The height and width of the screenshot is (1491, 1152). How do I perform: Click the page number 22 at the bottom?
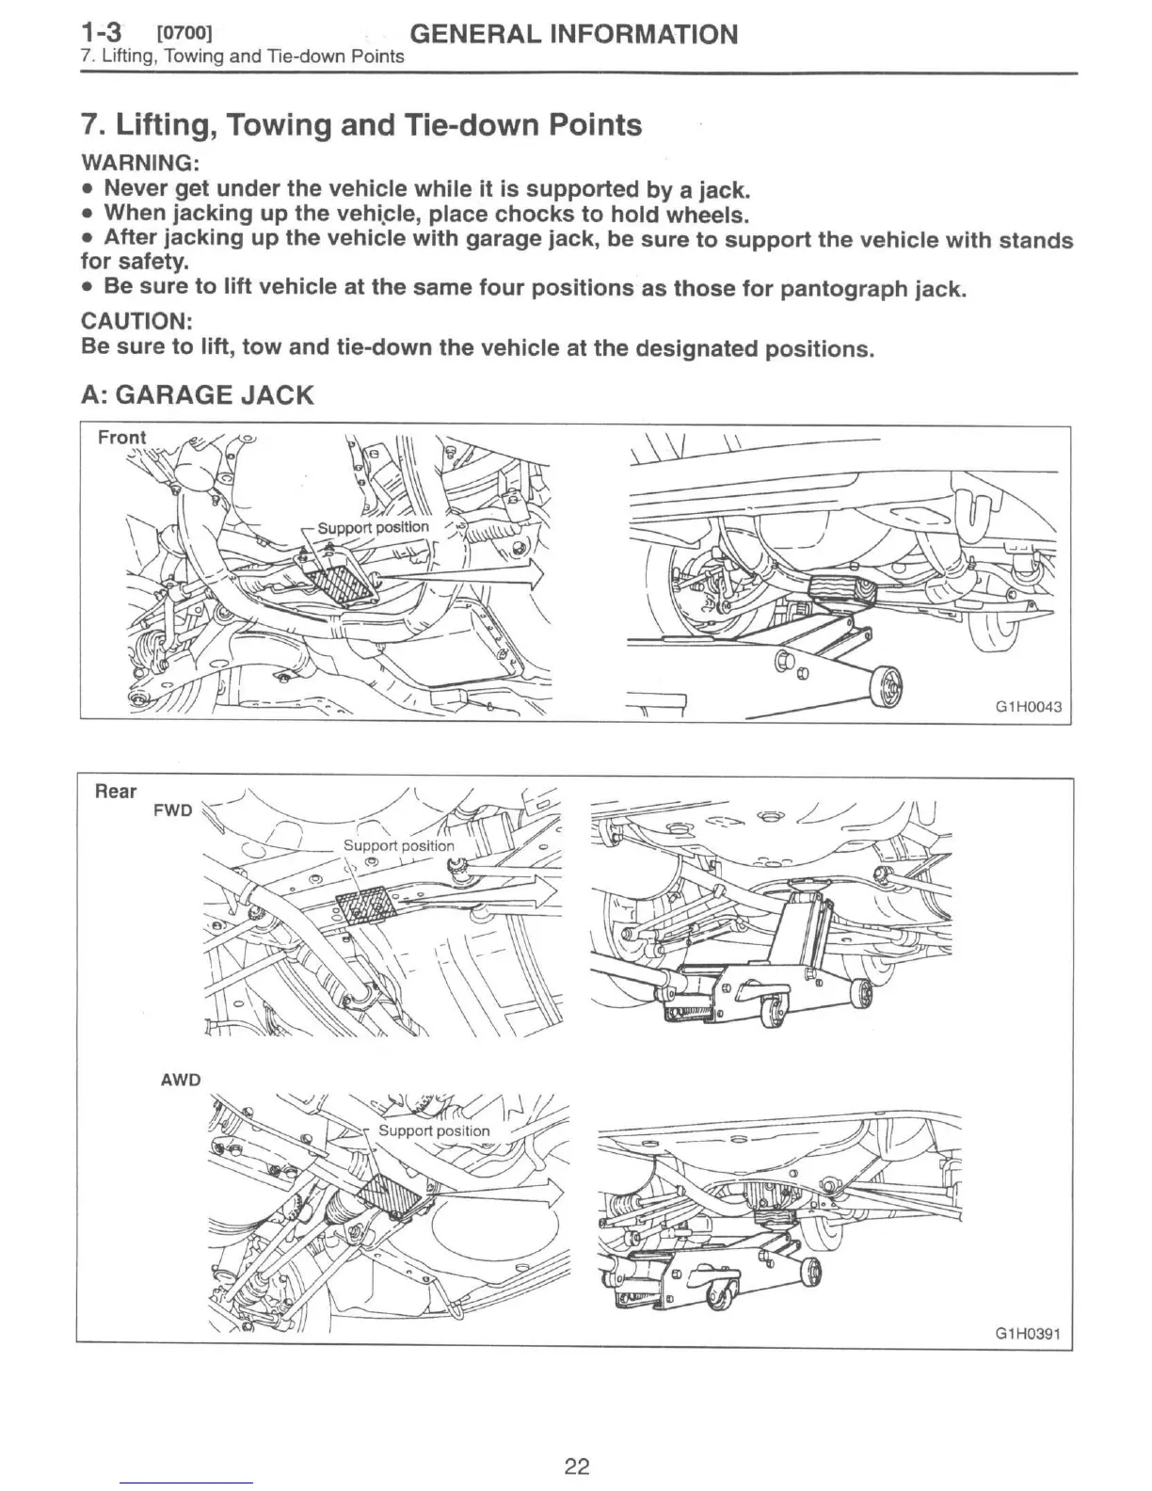(x=576, y=1466)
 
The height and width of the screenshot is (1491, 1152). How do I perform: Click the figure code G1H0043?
(x=1028, y=706)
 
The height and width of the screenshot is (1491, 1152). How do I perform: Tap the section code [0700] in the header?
(x=184, y=36)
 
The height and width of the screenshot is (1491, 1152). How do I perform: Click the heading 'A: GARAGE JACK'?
(x=198, y=394)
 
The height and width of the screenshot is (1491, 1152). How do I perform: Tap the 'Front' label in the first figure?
(x=122, y=438)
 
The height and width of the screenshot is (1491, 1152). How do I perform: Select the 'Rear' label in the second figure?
(x=116, y=791)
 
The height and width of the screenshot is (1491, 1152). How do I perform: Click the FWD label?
(x=173, y=810)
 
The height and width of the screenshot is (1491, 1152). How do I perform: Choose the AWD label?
(x=181, y=1080)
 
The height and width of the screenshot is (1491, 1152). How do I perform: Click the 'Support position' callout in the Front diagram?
(x=373, y=527)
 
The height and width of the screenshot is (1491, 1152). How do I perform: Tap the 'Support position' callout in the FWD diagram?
(x=398, y=845)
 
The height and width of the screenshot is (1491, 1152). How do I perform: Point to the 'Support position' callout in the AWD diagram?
(x=434, y=1130)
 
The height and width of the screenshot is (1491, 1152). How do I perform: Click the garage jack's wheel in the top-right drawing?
(x=886, y=686)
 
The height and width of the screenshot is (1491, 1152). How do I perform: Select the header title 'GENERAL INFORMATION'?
(x=575, y=35)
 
